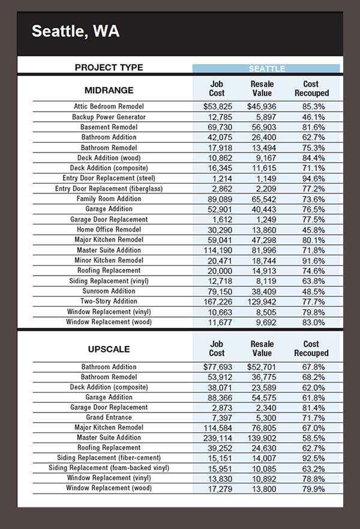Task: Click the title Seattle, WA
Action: [75, 31]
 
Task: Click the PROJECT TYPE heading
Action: [109, 67]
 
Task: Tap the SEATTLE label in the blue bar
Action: [267, 68]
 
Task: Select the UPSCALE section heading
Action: [109, 349]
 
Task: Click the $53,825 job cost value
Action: [216, 106]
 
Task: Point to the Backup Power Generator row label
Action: [109, 116]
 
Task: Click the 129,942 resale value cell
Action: [262, 301]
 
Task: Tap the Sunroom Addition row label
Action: [109, 291]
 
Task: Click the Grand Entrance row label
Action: [109, 417]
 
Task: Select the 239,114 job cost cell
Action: [216, 438]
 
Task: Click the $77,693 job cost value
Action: [216, 366]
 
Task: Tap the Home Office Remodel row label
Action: [109, 229]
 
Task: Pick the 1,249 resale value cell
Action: [262, 219]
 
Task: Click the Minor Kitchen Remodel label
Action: [109, 260]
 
